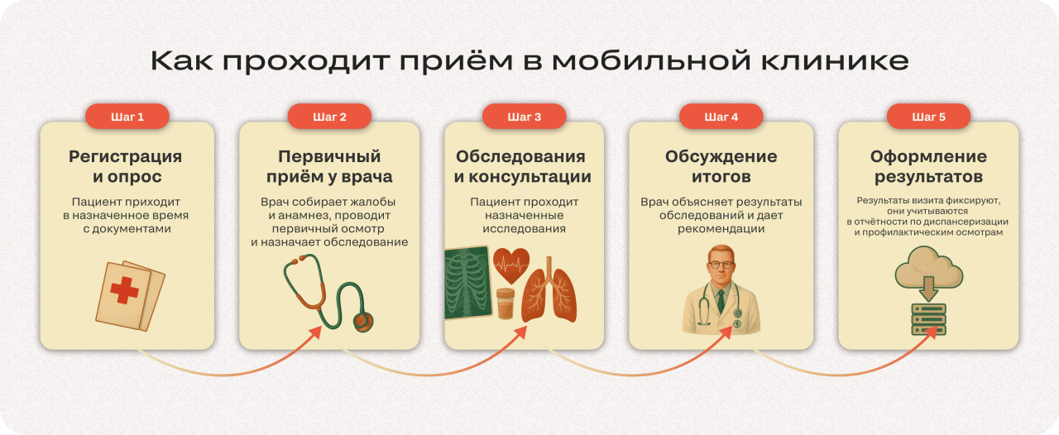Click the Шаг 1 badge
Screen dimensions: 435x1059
pos(127,117)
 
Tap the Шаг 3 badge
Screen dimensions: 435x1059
pos(525,117)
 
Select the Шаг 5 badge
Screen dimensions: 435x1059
pos(928,117)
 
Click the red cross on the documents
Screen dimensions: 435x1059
pos(125,290)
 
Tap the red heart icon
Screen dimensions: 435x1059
pos(511,265)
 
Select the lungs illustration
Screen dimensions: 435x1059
pos(549,293)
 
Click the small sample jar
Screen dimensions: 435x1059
pos(506,304)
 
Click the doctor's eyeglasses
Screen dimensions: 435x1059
pos(721,265)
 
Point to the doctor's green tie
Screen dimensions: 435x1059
pos(721,299)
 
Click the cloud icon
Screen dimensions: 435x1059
pos(928,266)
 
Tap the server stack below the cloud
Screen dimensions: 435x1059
pos(928,319)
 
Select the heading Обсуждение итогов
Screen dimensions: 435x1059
pos(721,166)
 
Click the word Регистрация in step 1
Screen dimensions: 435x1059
pos(126,156)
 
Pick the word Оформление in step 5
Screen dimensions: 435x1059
pos(928,156)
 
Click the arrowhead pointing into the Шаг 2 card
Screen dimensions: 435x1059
pos(317,331)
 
